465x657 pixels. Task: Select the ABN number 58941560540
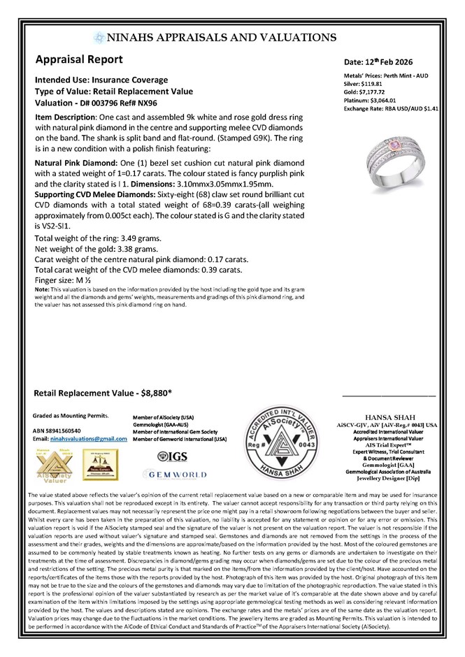point(66,431)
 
